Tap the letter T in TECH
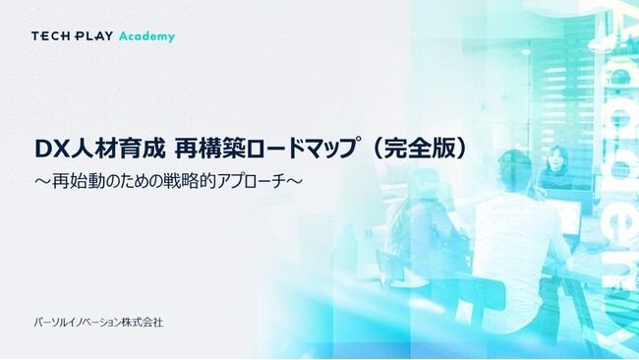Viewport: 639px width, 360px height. click(35, 36)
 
